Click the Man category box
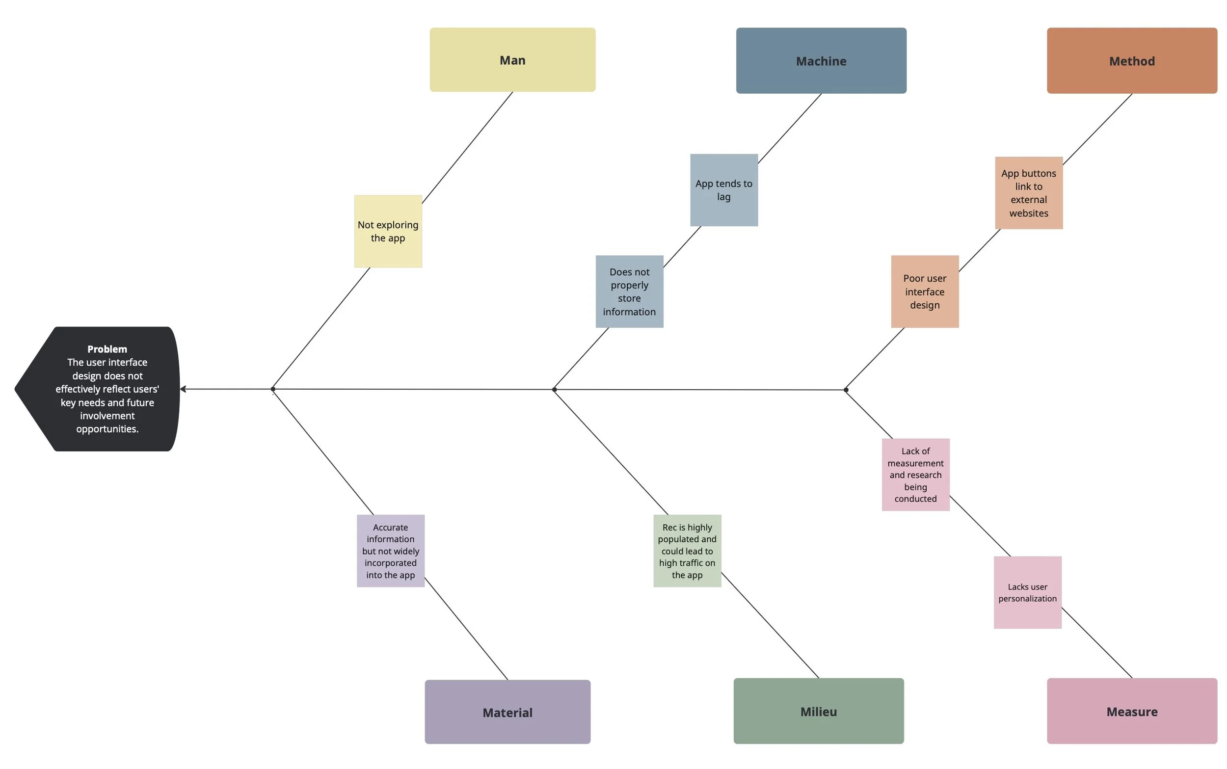pos(512,60)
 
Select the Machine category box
pos(821,61)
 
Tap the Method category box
pos(1131,61)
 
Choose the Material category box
pos(507,712)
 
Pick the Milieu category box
pos(818,711)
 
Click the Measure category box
pos(1131,711)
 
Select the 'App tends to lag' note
pos(723,190)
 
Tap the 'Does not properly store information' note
pos(629,292)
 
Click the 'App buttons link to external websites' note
pos(1028,193)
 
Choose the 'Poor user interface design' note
pos(925,292)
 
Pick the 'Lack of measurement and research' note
pos(915,475)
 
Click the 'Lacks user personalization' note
pos(1027,592)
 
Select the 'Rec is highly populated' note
pos(687,551)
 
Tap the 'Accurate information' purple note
pos(391,551)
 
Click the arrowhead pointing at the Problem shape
pos(183,389)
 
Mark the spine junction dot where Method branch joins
pos(846,390)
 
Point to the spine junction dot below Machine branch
pos(554,390)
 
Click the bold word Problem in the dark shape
pos(107,349)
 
